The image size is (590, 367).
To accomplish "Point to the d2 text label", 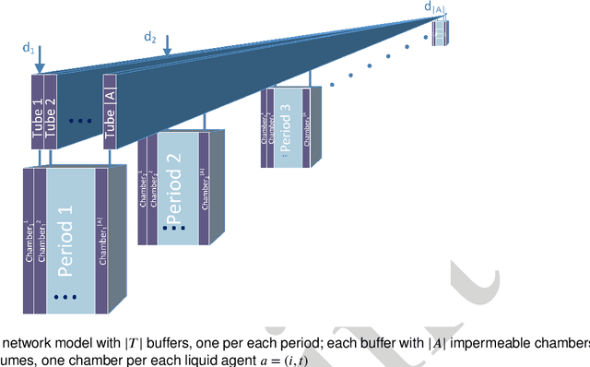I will coord(150,37).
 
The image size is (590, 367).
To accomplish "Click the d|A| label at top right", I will coord(434,7).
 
